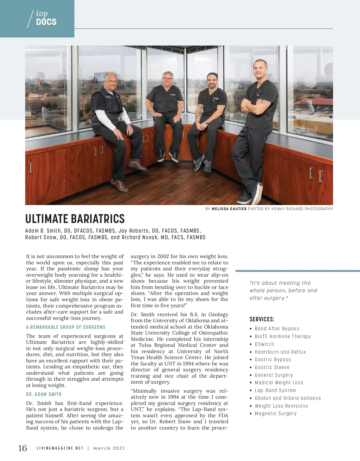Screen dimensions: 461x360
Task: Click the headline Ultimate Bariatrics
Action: (75, 219)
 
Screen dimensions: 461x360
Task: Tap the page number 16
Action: (22, 448)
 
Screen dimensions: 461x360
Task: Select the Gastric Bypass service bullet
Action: (273, 359)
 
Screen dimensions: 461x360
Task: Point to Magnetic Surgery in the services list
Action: (276, 413)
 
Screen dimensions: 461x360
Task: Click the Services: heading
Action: (262, 319)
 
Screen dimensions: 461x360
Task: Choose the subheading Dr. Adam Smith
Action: (44, 394)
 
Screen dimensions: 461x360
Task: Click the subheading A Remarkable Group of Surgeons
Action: (66, 327)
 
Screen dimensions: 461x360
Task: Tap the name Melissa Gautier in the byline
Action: (229, 209)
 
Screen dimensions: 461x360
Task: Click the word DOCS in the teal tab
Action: (46, 22)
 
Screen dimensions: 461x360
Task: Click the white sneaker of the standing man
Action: (257, 193)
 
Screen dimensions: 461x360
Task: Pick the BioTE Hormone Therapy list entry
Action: (283, 336)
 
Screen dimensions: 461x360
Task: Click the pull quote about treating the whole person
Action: (283, 290)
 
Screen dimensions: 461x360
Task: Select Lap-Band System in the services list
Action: (275, 390)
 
